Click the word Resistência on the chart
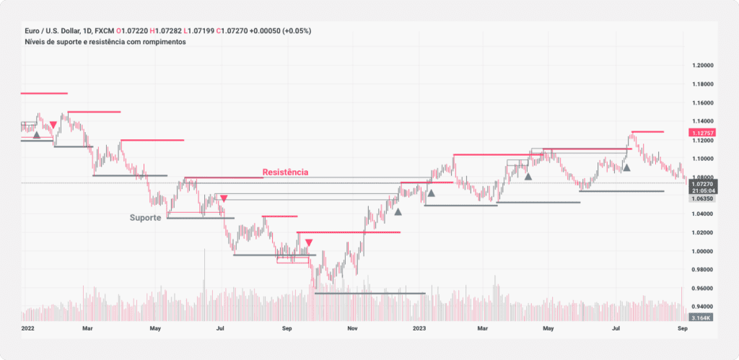285,172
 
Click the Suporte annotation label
145,217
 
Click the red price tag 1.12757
702,133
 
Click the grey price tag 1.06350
702,198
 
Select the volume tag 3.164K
702,317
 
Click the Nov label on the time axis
352,328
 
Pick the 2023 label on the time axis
419,328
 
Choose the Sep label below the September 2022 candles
287,328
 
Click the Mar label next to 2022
87,328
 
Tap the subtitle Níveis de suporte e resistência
104,42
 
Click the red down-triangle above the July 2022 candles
224,198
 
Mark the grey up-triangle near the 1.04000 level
398,211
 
